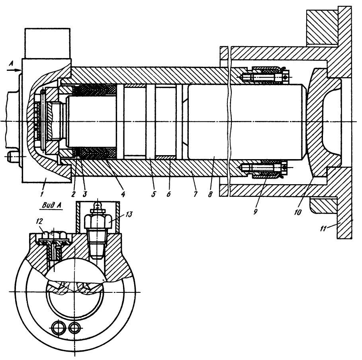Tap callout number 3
[84, 195]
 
